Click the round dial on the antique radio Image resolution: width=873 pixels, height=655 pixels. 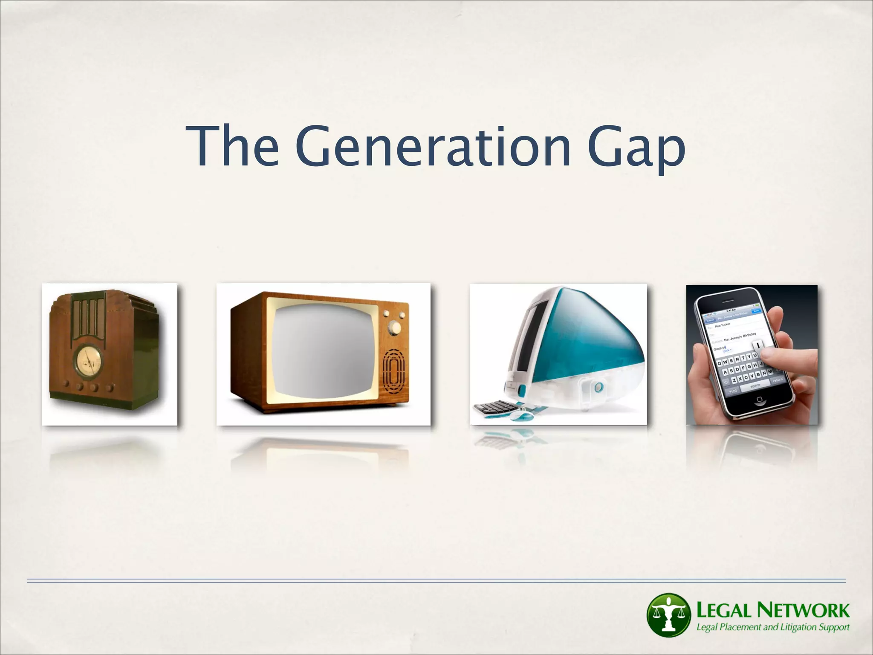(88, 358)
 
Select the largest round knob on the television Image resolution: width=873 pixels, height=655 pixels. (396, 327)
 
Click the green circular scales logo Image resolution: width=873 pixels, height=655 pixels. (668, 614)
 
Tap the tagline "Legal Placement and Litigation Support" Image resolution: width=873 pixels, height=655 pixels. (772, 627)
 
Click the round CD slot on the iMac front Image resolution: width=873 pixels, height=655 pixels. (599, 387)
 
